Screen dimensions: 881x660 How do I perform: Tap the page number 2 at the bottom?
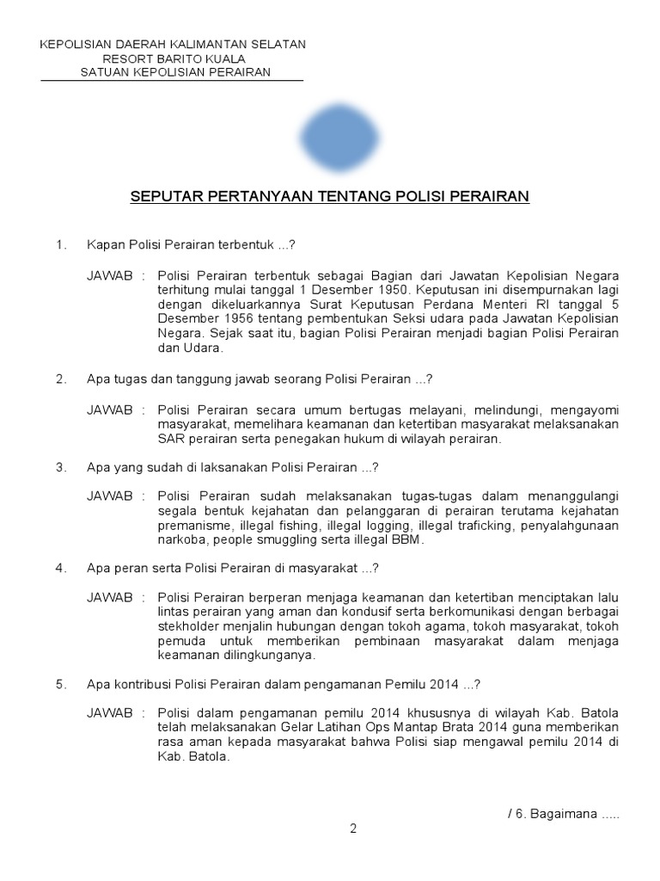point(352,829)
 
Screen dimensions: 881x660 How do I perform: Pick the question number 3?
point(60,468)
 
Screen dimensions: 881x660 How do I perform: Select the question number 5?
point(60,685)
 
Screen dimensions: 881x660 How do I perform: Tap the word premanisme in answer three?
point(193,526)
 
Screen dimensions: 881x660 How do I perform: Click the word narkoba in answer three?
point(181,540)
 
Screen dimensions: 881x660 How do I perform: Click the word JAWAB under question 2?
point(110,410)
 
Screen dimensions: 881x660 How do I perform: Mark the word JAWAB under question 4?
point(110,597)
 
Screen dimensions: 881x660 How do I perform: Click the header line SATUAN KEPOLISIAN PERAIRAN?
point(175,72)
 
